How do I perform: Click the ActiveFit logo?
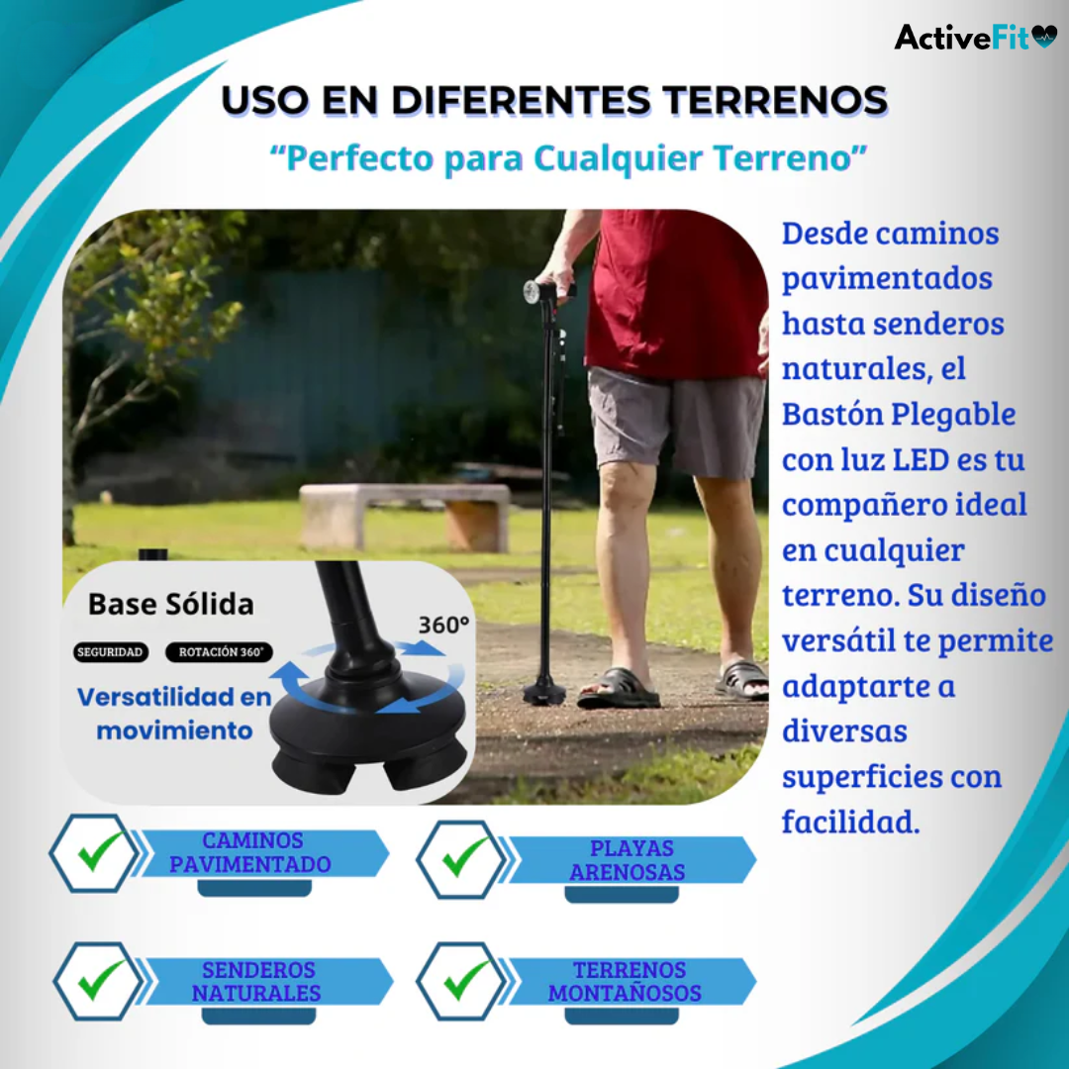click(975, 38)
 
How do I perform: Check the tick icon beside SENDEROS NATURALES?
click(97, 981)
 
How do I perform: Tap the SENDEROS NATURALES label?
click(257, 981)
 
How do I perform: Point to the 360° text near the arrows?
click(442, 626)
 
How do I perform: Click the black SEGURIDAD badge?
click(112, 652)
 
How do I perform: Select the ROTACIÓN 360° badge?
click(220, 652)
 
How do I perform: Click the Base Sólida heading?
click(170, 604)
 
